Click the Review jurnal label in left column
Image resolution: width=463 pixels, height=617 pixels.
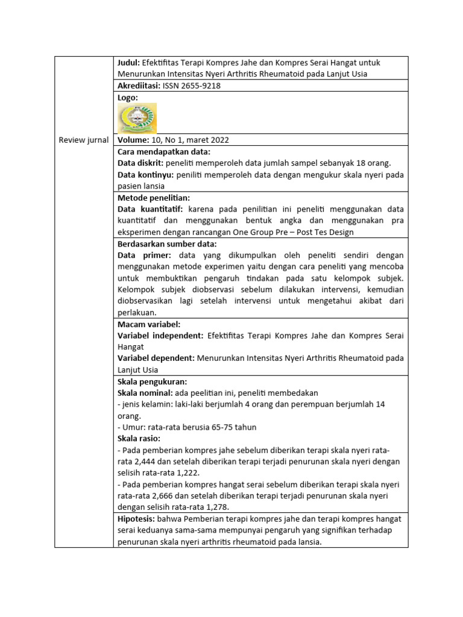pyautogui.click(x=84, y=140)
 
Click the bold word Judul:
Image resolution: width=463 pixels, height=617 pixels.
pyautogui.click(x=129, y=63)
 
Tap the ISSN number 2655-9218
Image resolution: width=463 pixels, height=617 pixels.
pyautogui.click(x=192, y=86)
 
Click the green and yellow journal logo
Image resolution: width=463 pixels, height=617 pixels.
pyautogui.click(x=137, y=118)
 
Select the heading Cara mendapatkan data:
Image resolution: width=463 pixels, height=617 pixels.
pyautogui.click(x=163, y=151)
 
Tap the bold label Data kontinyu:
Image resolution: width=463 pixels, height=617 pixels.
pyautogui.click(x=145, y=174)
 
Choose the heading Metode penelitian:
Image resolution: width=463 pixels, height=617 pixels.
pyautogui.click(x=154, y=198)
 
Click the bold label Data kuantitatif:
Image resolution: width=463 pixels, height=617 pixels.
pyautogui.click(x=150, y=209)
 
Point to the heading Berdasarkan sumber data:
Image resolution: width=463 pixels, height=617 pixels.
pyautogui.click(x=166, y=243)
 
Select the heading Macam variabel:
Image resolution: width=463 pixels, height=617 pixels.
pyautogui.click(x=149, y=324)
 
